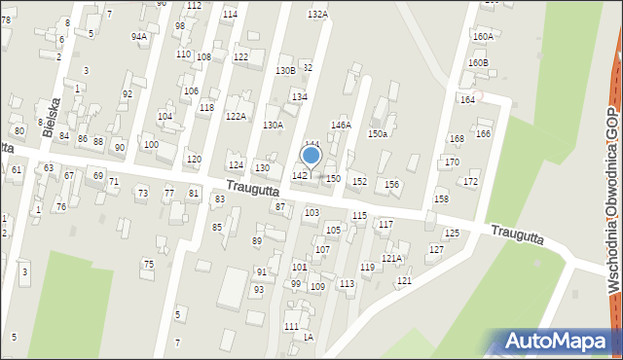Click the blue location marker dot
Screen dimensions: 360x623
pyautogui.click(x=311, y=155)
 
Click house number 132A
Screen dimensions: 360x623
pyautogui.click(x=317, y=15)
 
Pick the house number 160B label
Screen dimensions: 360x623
pyautogui.click(x=478, y=62)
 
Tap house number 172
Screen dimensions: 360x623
pyautogui.click(x=471, y=182)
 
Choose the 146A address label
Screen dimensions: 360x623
pyautogui.click(x=341, y=126)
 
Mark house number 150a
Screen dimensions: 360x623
pyautogui.click(x=377, y=133)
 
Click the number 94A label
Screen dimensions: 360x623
pyautogui.click(x=139, y=36)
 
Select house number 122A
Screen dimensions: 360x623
pyautogui.click(x=236, y=116)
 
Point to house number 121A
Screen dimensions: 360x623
pyautogui.click(x=391, y=258)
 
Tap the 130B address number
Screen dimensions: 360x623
pyautogui.click(x=285, y=70)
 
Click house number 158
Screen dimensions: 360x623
pyautogui.click(x=441, y=198)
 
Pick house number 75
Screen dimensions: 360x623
pyautogui.click(x=149, y=264)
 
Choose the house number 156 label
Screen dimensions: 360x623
pyautogui.click(x=391, y=184)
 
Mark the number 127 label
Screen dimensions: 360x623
pyautogui.click(x=436, y=250)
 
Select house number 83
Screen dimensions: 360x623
pyautogui.click(x=220, y=198)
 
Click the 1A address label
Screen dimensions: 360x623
pyautogui.click(x=308, y=337)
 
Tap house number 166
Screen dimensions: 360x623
pyautogui.click(x=483, y=133)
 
